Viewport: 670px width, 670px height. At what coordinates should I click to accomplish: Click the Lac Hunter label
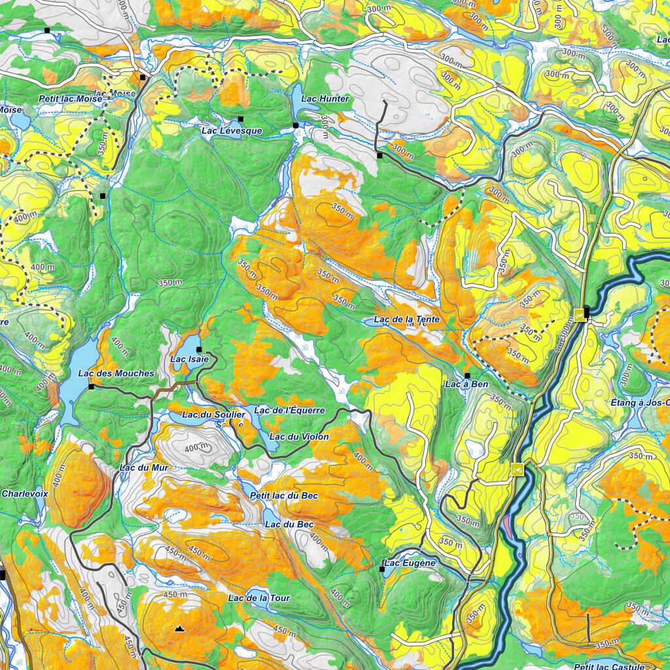point(326,99)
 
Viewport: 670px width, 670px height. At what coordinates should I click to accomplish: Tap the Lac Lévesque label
point(232,131)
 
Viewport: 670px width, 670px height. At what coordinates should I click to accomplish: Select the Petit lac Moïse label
point(70,99)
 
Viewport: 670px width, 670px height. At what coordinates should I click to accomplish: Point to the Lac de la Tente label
point(406,319)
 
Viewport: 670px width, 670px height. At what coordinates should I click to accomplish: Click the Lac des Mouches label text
point(116,374)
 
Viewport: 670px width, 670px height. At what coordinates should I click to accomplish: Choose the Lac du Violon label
point(299,436)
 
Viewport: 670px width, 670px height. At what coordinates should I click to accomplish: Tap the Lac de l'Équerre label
point(289,410)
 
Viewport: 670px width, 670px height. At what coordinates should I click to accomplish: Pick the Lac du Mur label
point(144,468)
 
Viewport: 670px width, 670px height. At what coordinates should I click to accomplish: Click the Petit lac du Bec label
point(284,496)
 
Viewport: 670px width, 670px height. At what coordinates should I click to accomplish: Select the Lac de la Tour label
point(258,598)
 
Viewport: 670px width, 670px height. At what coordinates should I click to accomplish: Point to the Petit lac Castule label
point(609,667)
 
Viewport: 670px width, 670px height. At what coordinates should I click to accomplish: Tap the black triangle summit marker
point(179,629)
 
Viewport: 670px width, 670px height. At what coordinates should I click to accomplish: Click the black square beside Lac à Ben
point(467,375)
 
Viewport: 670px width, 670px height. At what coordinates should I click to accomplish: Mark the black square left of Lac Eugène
point(382,569)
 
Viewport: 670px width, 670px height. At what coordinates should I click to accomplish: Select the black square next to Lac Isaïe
point(199,349)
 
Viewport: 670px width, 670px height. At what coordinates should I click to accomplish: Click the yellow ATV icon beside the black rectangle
point(579,314)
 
